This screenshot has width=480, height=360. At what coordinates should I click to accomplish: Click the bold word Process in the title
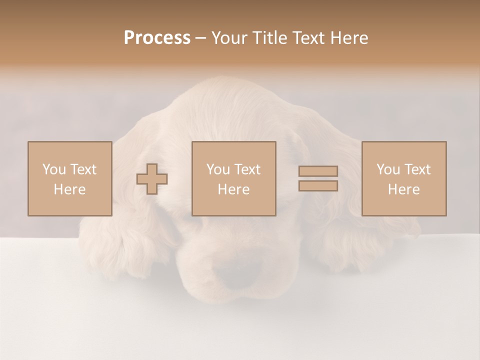tap(157, 38)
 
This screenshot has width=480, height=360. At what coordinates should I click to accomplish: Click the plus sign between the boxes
tap(152, 178)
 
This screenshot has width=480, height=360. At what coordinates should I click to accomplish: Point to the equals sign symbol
tap(318, 178)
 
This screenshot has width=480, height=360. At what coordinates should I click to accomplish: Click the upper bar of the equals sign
tap(318, 171)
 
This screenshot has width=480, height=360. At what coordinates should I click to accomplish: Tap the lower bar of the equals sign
tap(318, 185)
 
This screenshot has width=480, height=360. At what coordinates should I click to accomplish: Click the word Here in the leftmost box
tap(69, 189)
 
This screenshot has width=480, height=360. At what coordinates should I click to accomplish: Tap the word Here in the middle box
tap(233, 189)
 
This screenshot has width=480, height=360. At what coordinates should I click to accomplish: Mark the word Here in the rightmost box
tap(403, 189)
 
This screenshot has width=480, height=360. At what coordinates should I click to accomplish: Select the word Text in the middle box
tap(248, 169)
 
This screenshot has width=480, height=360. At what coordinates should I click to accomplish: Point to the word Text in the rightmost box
tap(418, 169)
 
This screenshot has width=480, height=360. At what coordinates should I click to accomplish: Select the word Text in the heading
tap(308, 38)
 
